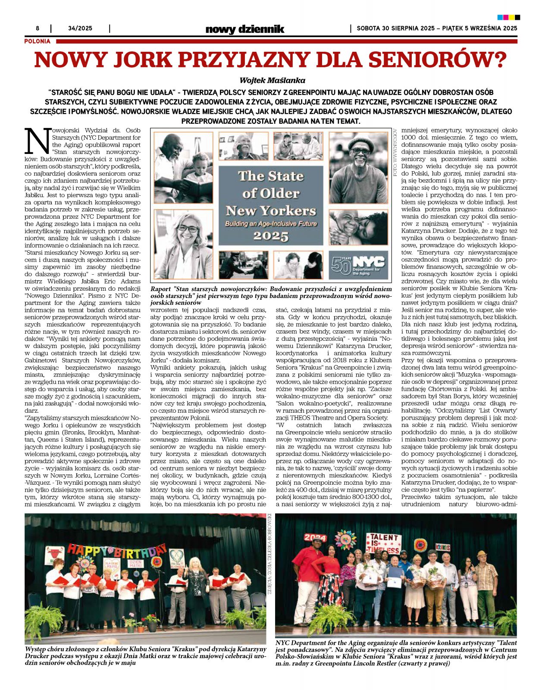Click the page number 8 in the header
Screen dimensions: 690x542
pyautogui.click(x=38, y=28)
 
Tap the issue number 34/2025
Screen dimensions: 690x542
pyautogui.click(x=80, y=28)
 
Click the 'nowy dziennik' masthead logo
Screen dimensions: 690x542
pyautogui.click(x=244, y=29)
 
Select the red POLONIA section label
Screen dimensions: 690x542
pyautogui.click(x=38, y=41)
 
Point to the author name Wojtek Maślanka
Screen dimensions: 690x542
pyautogui.click(x=272, y=80)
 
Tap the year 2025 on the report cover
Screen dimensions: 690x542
pyautogui.click(x=271, y=236)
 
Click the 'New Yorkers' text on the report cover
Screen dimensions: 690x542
pyautogui.click(x=271, y=211)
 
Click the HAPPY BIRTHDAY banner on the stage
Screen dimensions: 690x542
pyautogui.click(x=116, y=551)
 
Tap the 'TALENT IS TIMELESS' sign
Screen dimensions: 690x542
pyautogui.click(x=382, y=543)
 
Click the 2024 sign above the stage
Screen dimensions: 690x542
pyautogui.click(x=315, y=537)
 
